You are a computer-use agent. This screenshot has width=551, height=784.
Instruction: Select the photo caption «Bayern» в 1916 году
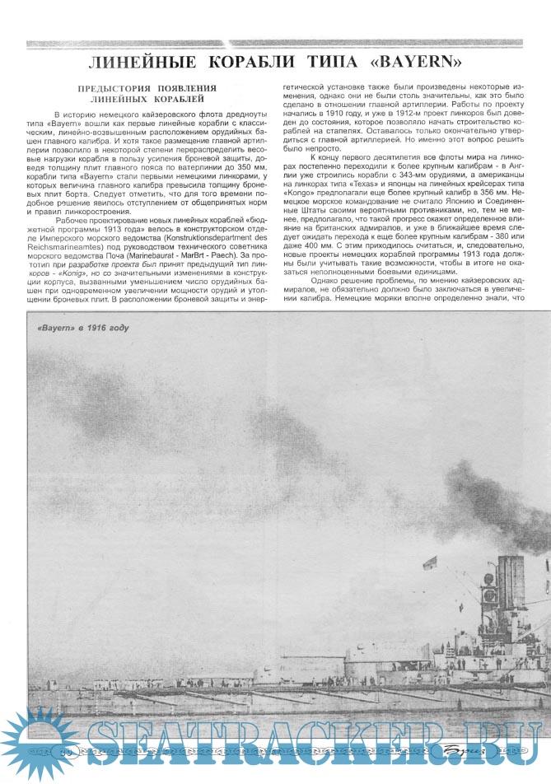pos(83,327)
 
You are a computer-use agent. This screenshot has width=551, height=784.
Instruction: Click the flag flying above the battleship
pos(428,564)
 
